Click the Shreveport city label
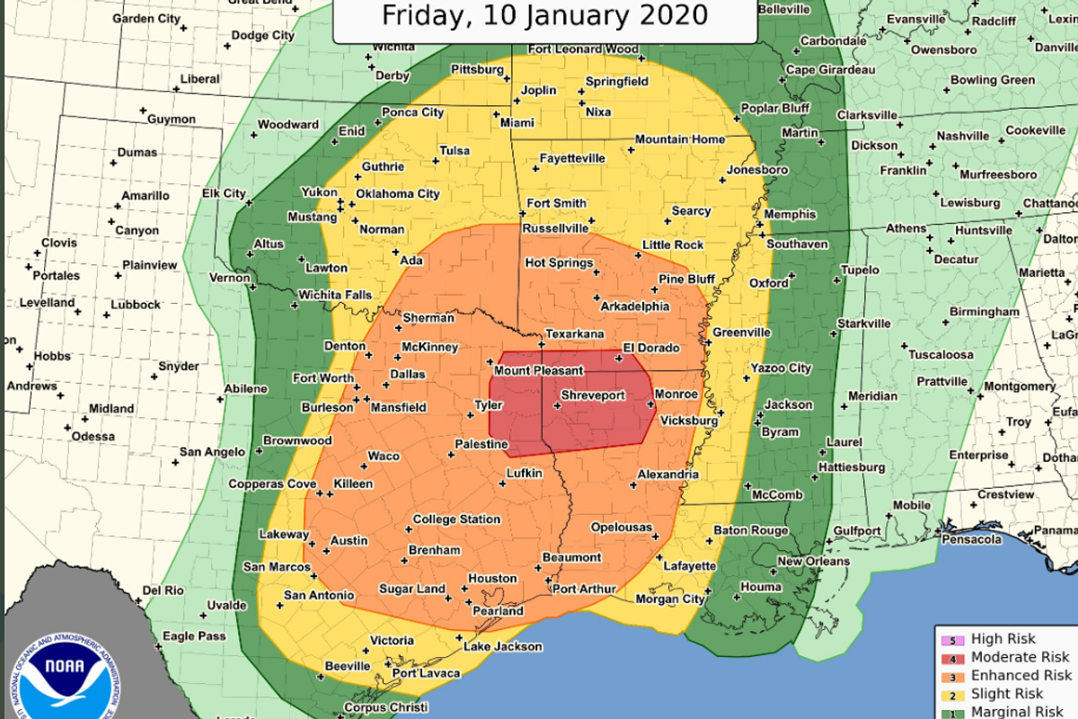(593, 395)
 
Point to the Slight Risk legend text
(1007, 693)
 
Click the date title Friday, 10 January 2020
(544, 15)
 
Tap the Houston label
(491, 579)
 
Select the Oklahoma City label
(397, 194)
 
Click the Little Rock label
(673, 245)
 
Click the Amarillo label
(146, 196)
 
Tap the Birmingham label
(985, 312)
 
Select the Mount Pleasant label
(539, 370)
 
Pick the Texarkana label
(575, 334)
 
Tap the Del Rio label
(162, 590)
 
